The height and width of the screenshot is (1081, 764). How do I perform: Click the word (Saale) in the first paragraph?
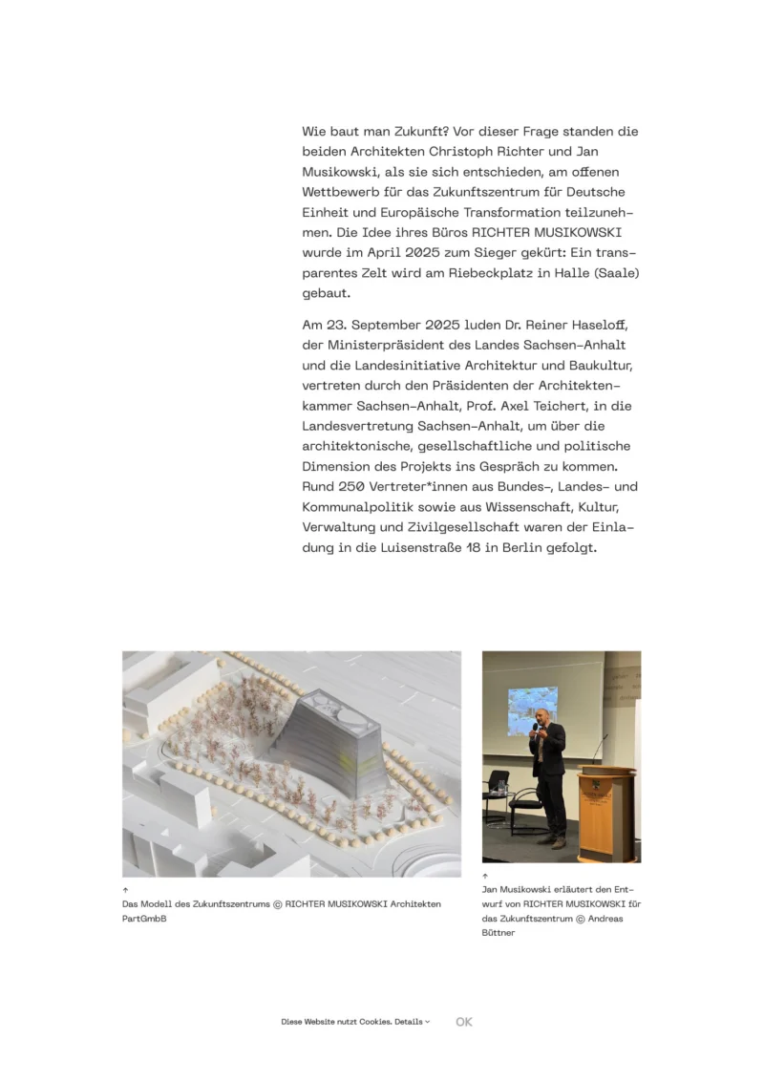(616, 273)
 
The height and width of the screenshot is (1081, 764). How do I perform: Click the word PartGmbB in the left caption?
(145, 919)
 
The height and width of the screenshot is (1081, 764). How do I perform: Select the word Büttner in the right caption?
(499, 933)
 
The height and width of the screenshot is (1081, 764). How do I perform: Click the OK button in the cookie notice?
(464, 1022)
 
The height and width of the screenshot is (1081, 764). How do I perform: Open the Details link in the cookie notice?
(411, 1022)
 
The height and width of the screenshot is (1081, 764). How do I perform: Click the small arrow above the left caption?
(125, 890)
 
